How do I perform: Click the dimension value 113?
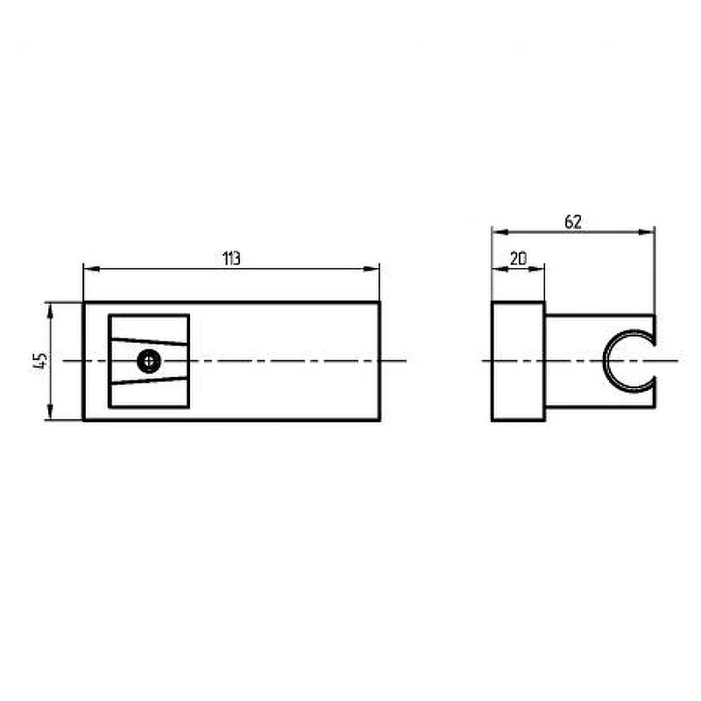click(x=231, y=258)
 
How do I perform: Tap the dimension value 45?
click(x=40, y=360)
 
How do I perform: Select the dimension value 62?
click(x=573, y=222)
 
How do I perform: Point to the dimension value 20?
click(x=518, y=258)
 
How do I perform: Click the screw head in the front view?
click(x=149, y=361)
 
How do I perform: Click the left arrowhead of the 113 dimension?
click(x=91, y=269)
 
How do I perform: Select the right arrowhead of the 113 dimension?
click(x=372, y=269)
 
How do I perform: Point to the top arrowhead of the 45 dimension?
click(x=50, y=311)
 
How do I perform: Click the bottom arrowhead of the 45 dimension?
click(x=50, y=412)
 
